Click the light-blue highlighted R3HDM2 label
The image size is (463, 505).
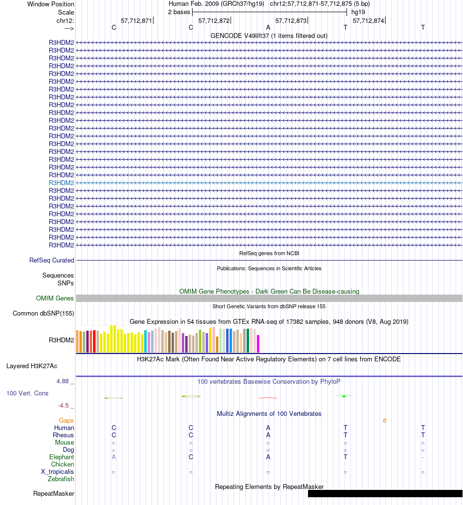tap(61, 183)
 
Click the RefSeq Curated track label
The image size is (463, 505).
tap(52, 261)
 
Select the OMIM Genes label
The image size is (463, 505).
tap(55, 299)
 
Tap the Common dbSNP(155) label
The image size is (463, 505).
tap(43, 314)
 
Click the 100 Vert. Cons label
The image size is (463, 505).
tap(27, 393)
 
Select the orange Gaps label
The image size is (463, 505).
tap(66, 420)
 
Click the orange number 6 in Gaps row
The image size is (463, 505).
tap(385, 421)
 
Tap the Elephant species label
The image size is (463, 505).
tap(61, 457)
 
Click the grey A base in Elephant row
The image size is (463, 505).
tap(114, 457)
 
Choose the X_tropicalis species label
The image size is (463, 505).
tap(58, 472)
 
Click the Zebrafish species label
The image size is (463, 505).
tap(61, 479)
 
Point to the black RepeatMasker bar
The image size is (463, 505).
tap(385, 494)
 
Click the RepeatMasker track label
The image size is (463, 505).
tap(54, 494)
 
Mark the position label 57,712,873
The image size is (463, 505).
tap(291, 21)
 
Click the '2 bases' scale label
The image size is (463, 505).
tap(179, 12)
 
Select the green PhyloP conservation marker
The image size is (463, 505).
tap(344, 396)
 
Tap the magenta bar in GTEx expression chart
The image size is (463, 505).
tap(258, 343)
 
